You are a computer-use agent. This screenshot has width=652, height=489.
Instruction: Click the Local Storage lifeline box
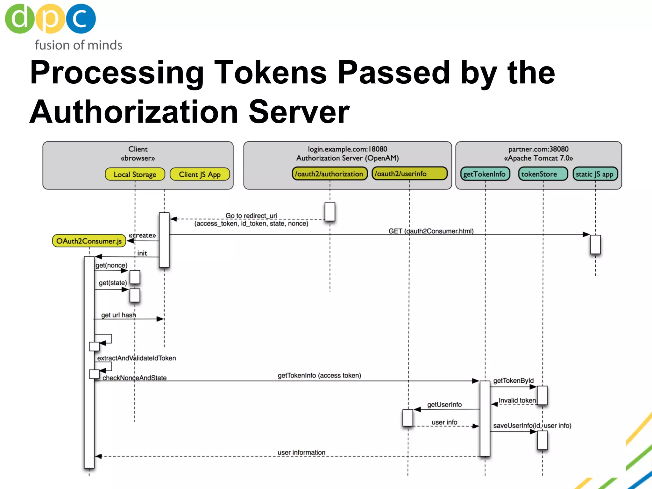(135, 174)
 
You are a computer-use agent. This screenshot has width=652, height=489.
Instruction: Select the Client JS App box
(200, 174)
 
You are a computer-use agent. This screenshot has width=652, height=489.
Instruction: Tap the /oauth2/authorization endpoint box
(330, 174)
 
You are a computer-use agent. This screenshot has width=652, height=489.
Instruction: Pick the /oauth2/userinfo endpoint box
(409, 174)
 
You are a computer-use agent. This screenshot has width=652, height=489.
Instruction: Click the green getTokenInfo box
(485, 174)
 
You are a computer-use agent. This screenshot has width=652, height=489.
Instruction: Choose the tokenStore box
(543, 174)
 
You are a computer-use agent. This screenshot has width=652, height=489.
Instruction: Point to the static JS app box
(595, 174)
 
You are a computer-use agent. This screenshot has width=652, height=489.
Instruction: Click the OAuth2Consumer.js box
(89, 241)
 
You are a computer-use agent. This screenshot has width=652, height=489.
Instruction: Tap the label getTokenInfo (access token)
(319, 375)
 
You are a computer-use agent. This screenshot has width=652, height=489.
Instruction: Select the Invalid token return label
(517, 400)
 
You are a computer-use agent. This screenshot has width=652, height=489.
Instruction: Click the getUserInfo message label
(444, 404)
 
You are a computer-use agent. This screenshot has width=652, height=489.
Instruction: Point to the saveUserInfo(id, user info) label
(532, 425)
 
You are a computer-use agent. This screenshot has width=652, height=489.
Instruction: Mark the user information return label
(301, 452)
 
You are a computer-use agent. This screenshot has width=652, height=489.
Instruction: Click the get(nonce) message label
(111, 265)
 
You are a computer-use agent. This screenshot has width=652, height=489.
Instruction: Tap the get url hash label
(118, 315)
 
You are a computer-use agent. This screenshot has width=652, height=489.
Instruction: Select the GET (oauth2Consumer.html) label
(431, 231)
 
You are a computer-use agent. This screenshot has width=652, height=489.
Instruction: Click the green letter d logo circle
(19, 18)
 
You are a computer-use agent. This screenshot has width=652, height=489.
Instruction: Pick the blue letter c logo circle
(81, 18)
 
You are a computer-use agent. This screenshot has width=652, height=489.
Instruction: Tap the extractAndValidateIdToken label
(136, 358)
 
